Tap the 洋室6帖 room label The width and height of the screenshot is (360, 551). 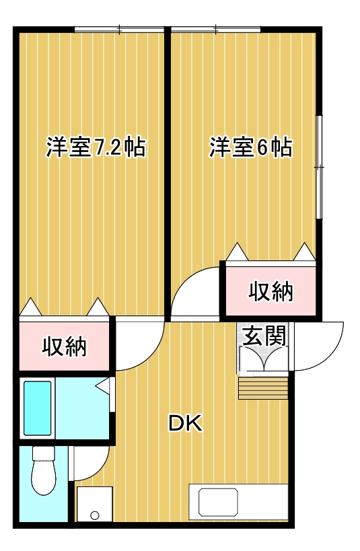(250, 147)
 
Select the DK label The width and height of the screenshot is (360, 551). (184, 424)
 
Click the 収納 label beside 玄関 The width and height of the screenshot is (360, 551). (271, 291)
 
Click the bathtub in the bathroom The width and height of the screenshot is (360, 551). (38, 408)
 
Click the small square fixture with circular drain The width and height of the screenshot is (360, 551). (94, 505)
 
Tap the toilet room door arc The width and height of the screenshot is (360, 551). (89, 464)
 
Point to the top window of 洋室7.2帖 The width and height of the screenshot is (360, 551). (120, 29)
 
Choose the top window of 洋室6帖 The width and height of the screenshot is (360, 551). (215, 29)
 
